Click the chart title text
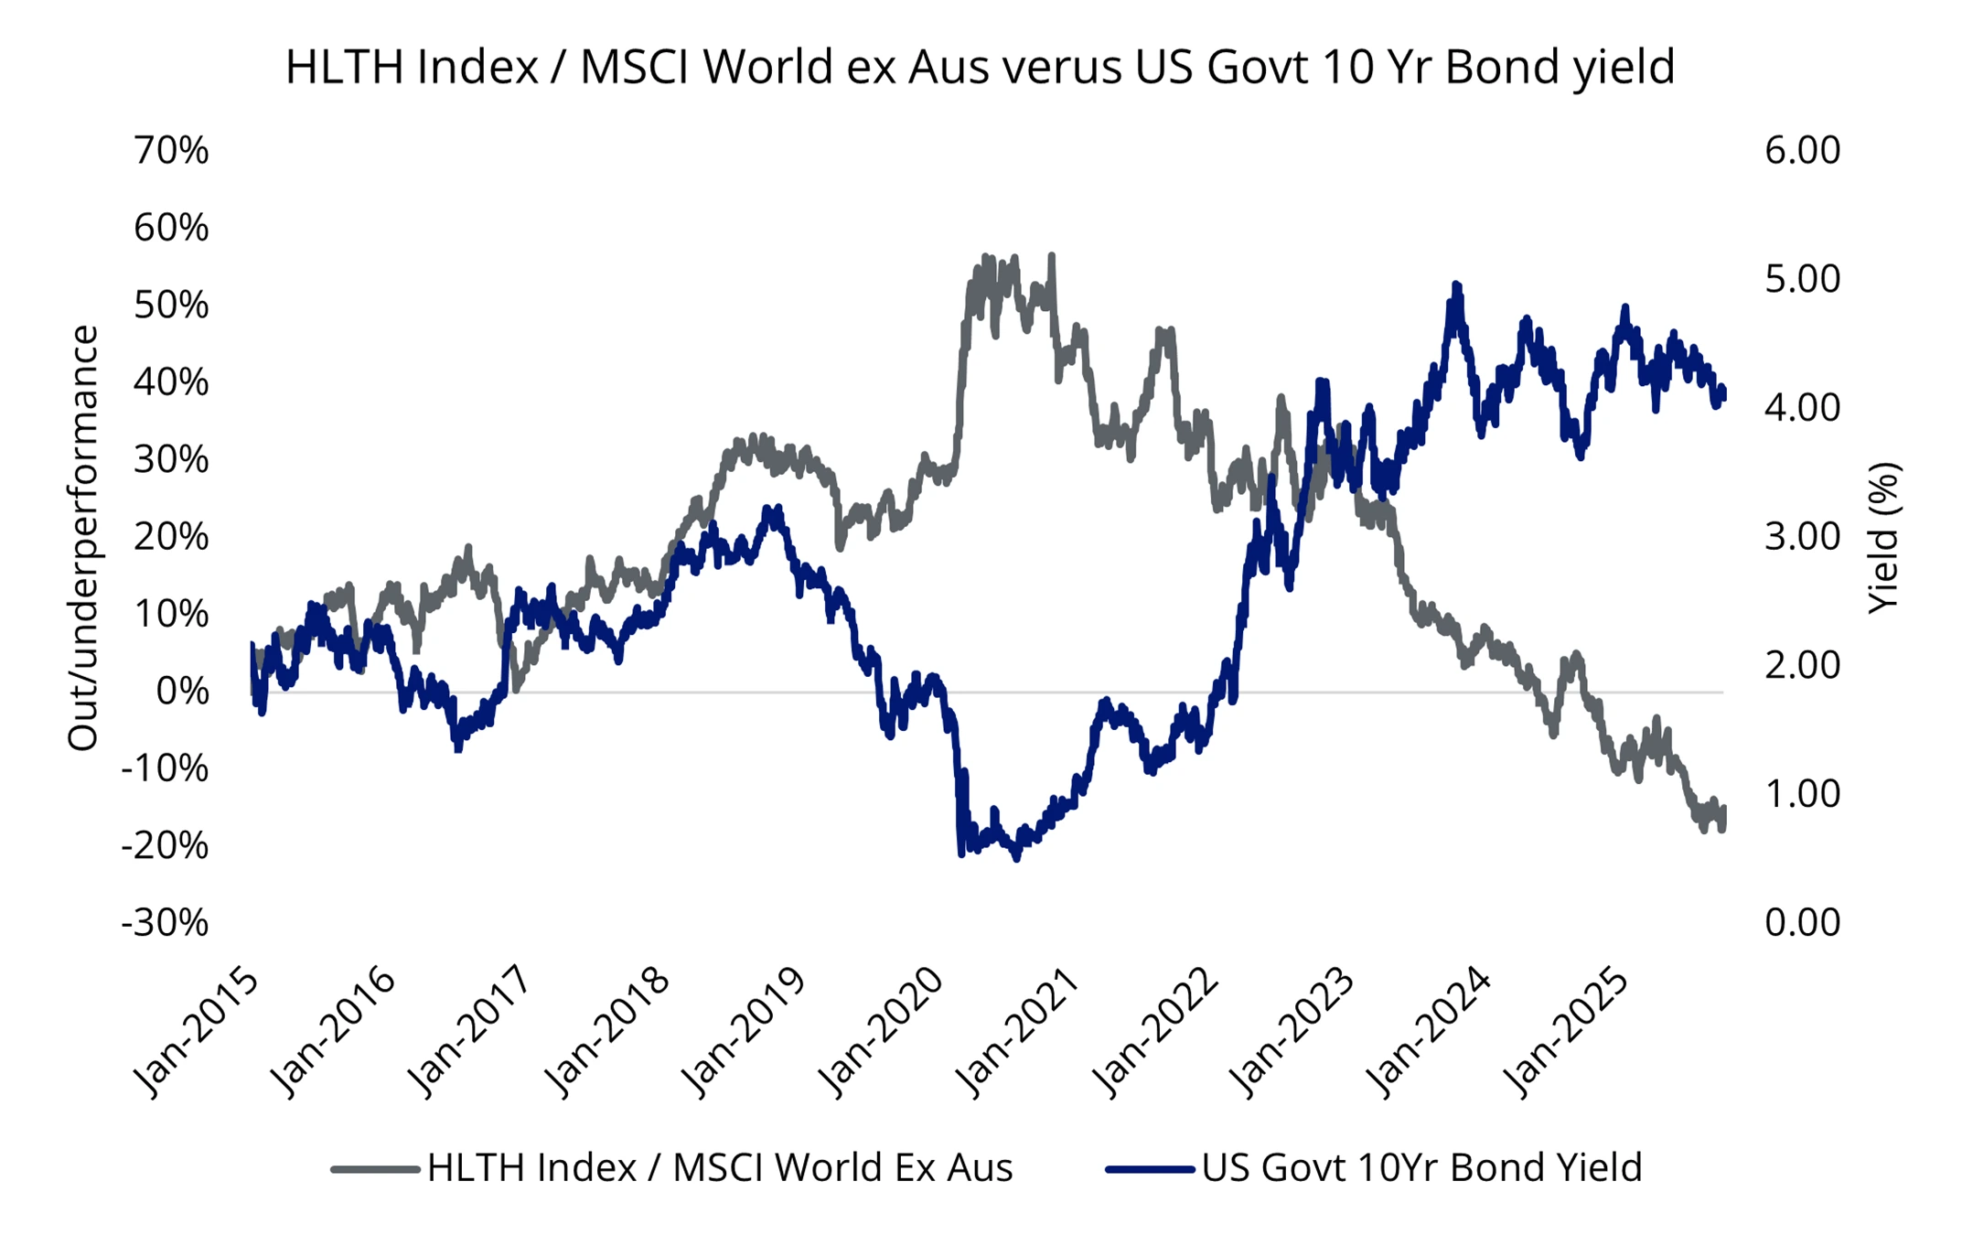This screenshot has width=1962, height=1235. coord(980,68)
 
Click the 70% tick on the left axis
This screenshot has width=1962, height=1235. coord(171,151)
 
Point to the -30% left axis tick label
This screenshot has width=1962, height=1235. coord(165,923)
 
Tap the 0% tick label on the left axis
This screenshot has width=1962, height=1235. coord(182,692)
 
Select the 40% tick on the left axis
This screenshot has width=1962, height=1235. coord(171,382)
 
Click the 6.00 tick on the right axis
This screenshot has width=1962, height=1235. coord(1802,151)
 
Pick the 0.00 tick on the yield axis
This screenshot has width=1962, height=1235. coord(1802,923)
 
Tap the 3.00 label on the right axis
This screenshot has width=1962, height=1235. coord(1802,537)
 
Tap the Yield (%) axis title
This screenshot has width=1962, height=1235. coord(1884,538)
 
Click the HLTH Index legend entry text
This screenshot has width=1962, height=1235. coord(720,1168)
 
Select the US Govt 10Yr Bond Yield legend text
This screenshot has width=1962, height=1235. coord(1421,1168)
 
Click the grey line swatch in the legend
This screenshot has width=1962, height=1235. coord(375,1169)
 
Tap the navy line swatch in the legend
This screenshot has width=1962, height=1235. coord(1150,1169)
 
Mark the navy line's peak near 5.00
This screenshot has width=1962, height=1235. coord(1456,286)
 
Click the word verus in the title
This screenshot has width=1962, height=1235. coord(1062,68)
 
